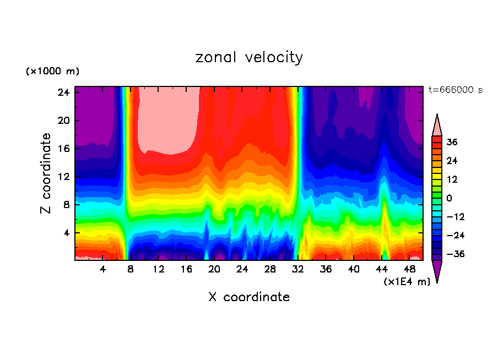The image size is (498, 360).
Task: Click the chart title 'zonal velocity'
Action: pyautogui.click(x=249, y=57)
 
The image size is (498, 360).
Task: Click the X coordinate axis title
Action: pyautogui.click(x=249, y=297)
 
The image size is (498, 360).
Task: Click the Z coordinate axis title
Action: pyautogui.click(x=46, y=173)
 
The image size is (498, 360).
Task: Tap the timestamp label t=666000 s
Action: pyautogui.click(x=455, y=90)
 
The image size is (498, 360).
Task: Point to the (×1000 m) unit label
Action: pyautogui.click(x=52, y=72)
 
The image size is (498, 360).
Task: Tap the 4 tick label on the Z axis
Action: pyautogui.click(x=64, y=233)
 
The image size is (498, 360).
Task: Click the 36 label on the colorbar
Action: pyautogui.click(x=452, y=142)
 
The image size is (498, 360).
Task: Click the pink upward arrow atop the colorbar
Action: pyautogui.click(x=437, y=125)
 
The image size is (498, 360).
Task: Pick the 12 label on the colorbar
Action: pyautogui.click(x=452, y=179)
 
